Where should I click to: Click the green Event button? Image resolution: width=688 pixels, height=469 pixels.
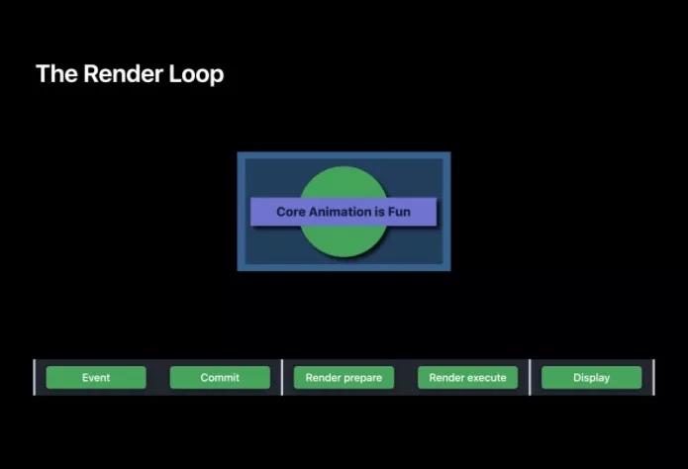[96, 377]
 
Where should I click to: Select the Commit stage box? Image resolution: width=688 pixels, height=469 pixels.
[220, 377]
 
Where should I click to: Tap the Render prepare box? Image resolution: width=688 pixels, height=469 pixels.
[344, 377]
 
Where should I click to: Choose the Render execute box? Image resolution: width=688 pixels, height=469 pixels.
[467, 377]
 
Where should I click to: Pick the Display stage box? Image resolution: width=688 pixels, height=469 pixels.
[591, 377]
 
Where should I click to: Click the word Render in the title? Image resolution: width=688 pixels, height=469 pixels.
[124, 73]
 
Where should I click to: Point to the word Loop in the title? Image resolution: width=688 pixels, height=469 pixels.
[196, 74]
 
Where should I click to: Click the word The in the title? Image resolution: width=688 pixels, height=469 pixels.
[56, 73]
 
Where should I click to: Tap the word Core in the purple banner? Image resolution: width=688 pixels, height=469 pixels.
[290, 212]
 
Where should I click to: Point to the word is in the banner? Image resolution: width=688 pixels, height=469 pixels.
[379, 212]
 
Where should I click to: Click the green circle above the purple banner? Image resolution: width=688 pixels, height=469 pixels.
[344, 183]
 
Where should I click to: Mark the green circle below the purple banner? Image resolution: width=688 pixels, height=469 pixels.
[344, 240]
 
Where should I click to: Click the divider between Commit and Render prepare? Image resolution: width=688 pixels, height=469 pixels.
[282, 377]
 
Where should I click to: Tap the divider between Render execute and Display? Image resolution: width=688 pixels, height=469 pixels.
[530, 377]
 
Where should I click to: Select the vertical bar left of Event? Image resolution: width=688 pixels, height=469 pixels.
[35, 377]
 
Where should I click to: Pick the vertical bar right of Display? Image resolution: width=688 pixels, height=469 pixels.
[653, 377]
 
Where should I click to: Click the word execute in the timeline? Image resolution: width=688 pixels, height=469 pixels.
[486, 378]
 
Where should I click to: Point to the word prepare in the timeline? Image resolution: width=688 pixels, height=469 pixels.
[362, 378]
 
